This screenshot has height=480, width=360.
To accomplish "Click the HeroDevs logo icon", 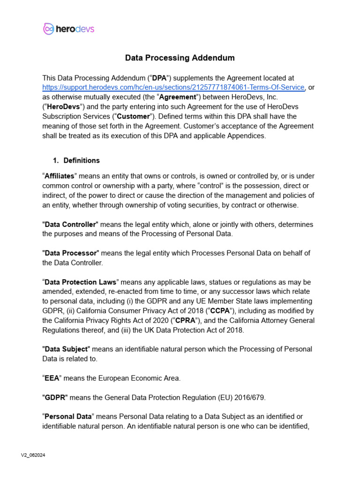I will [48, 29].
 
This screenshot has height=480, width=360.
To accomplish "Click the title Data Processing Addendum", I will [180, 58].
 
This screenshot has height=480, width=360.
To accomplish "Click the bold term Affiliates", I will [60, 176].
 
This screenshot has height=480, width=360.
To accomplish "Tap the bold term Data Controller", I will [70, 224].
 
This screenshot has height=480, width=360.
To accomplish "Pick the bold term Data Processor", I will [70, 253].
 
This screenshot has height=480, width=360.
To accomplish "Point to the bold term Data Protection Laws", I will [80, 282].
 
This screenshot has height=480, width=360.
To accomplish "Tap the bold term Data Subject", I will [66, 349].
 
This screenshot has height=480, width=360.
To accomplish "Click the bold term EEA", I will [52, 378].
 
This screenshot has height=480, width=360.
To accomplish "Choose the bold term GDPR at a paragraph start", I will [55, 397].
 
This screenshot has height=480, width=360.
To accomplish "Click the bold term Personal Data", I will [68, 417].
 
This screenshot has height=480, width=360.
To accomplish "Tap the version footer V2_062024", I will [33, 455].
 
